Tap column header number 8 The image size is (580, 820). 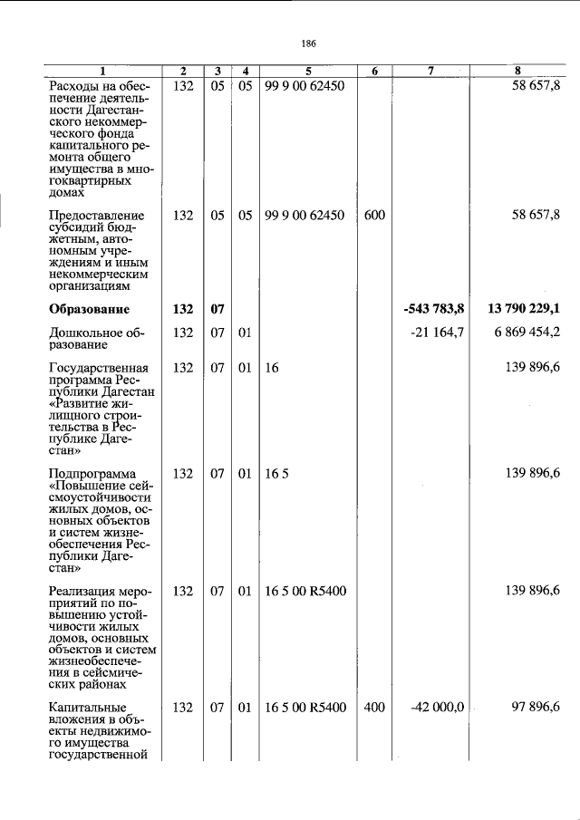(x=517, y=71)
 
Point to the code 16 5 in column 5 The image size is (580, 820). (x=277, y=473)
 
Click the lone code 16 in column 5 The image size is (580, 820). (x=272, y=368)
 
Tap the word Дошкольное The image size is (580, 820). (x=88, y=333)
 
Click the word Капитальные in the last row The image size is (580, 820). (x=88, y=708)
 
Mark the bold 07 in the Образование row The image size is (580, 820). (x=217, y=309)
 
